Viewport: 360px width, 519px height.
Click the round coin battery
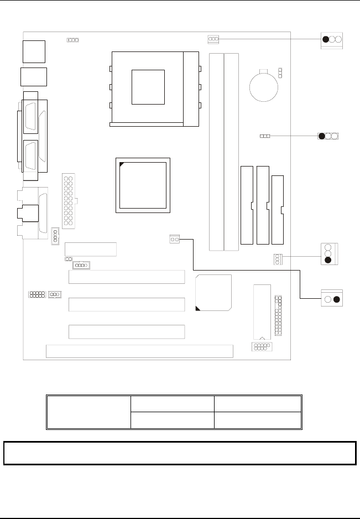point(263,86)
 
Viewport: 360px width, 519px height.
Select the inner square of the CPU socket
point(148,87)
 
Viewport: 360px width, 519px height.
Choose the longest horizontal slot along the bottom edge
point(139,351)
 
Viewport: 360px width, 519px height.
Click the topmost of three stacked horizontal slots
point(127,277)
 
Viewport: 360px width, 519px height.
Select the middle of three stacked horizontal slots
point(127,304)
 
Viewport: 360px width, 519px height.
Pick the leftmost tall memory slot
point(216,152)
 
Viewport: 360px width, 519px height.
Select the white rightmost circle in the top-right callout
point(339,39)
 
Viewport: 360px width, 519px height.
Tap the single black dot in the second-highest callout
point(321,136)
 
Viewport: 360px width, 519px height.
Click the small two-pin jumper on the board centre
point(175,239)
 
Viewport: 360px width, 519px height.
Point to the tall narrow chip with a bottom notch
point(262,312)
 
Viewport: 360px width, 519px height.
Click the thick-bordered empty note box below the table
point(179,453)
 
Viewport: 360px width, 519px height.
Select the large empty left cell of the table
point(88,412)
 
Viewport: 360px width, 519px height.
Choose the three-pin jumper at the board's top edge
point(213,39)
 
